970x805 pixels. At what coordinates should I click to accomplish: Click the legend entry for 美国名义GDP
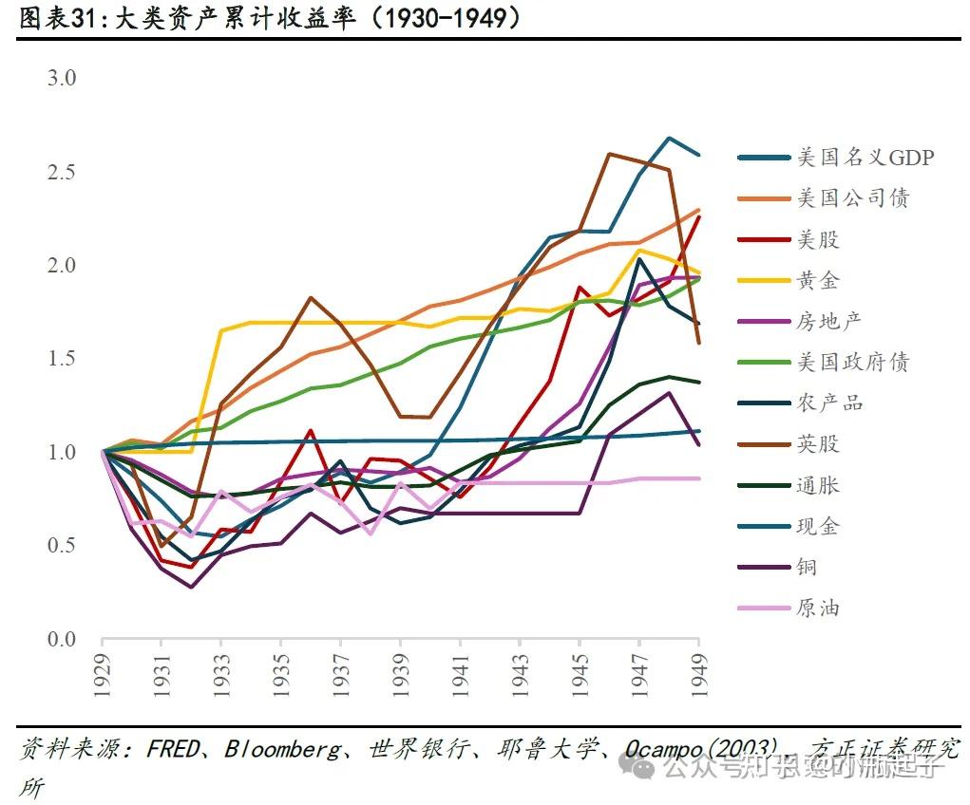[x=865, y=158]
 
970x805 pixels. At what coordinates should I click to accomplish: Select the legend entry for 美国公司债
[x=852, y=198]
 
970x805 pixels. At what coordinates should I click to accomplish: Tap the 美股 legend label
[x=818, y=239]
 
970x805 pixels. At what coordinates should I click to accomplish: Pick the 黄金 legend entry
[x=818, y=280]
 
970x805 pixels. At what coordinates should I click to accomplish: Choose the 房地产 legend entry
[x=829, y=321]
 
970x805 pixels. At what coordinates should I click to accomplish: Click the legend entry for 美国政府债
[x=852, y=362]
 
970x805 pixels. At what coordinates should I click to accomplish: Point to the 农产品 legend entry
[x=829, y=402]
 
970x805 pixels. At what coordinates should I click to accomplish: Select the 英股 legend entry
[x=818, y=443]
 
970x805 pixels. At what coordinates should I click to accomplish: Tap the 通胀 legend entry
[x=818, y=485]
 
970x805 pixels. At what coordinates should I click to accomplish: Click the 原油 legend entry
[x=818, y=608]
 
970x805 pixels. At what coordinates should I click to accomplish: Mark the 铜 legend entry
[x=807, y=567]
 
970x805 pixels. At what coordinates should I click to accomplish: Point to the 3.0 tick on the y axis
[x=61, y=78]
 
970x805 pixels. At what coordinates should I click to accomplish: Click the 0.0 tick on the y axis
[x=61, y=640]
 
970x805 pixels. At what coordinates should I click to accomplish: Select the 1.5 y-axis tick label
[x=61, y=359]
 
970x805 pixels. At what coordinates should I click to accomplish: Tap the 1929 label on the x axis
[x=102, y=678]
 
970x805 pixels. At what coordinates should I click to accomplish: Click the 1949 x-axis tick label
[x=700, y=678]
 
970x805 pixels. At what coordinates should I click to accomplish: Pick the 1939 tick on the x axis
[x=401, y=678]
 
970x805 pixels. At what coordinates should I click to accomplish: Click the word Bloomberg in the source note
[x=282, y=749]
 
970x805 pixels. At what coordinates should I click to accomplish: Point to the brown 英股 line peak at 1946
[x=608, y=154]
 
